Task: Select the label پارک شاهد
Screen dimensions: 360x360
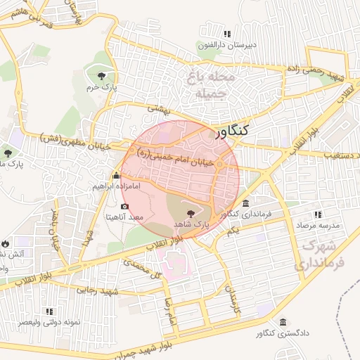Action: (191, 223)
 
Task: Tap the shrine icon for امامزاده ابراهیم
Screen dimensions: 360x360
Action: (116, 176)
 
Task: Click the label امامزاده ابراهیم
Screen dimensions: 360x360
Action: (118, 187)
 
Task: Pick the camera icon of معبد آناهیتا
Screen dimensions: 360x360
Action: (124, 206)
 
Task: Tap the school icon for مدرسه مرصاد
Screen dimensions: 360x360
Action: (318, 214)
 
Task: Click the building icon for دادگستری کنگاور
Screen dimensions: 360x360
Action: (283, 322)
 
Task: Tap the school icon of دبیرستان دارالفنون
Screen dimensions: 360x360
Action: (226, 34)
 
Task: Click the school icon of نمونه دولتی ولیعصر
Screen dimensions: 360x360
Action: (49, 311)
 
